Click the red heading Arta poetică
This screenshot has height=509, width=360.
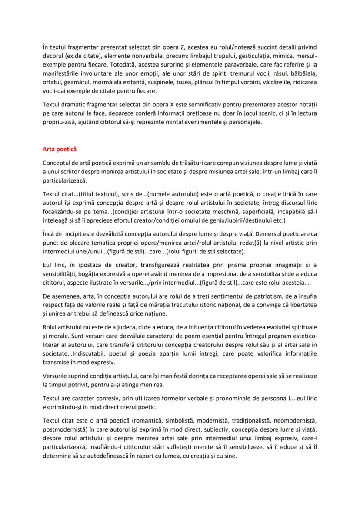[x=60, y=149]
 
